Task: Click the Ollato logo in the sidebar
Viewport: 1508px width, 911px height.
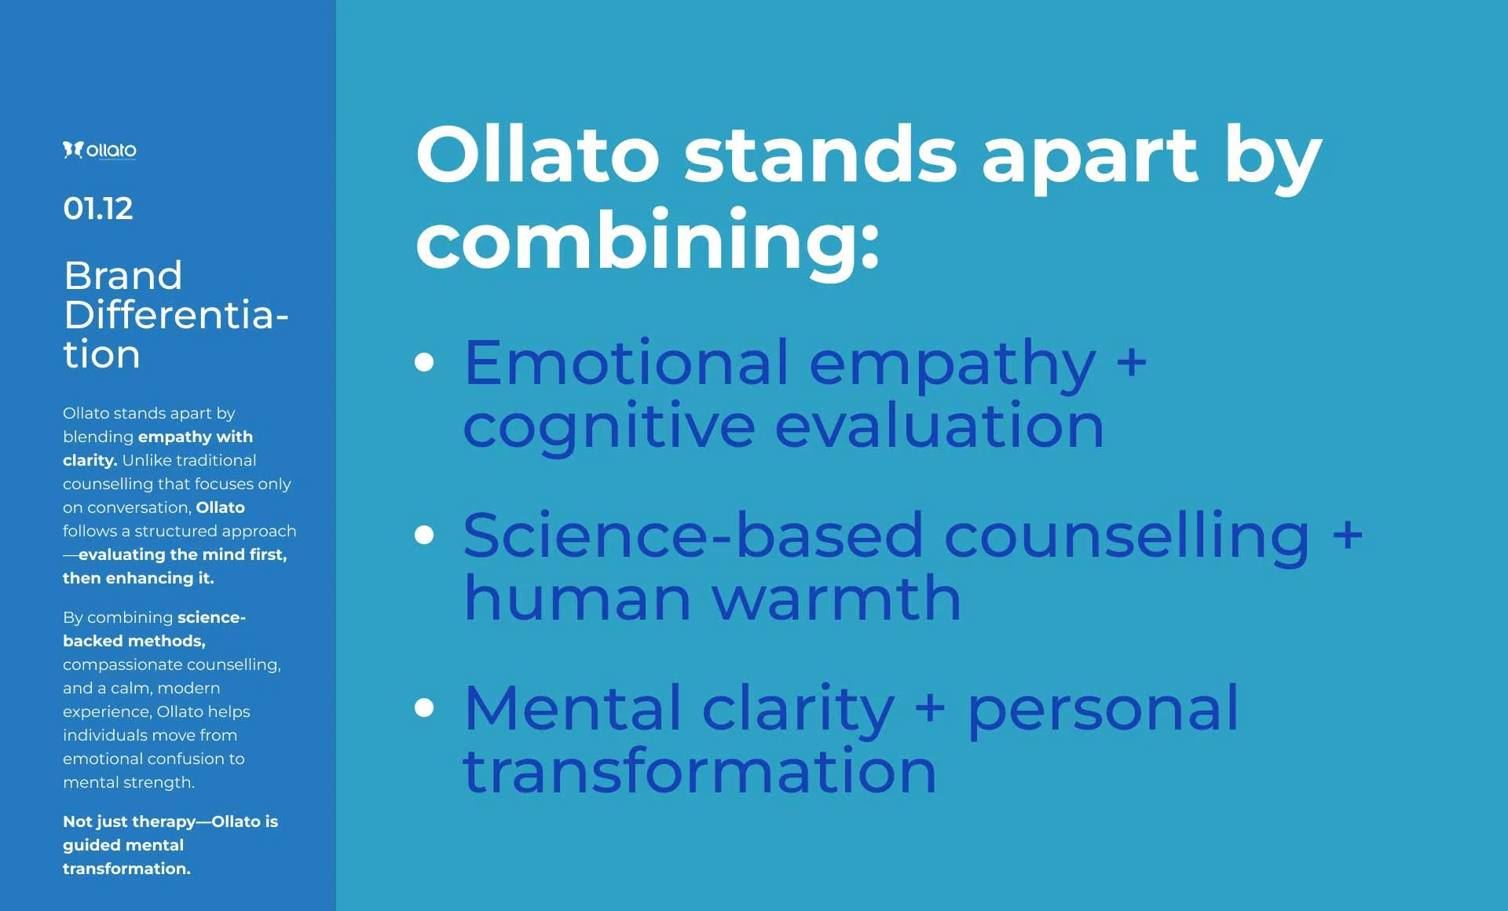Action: click(100, 150)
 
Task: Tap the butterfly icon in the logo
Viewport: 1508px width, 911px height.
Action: click(73, 150)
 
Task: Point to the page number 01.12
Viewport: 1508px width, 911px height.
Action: click(98, 208)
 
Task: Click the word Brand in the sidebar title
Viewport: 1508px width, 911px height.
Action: click(123, 276)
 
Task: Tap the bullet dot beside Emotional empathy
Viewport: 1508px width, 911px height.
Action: click(424, 361)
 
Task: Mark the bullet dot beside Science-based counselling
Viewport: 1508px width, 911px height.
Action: click(424, 535)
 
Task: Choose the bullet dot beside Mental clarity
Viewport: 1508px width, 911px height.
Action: click(424, 708)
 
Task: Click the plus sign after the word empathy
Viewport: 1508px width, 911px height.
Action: click(1132, 363)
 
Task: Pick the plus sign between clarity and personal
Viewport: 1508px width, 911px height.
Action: click(930, 708)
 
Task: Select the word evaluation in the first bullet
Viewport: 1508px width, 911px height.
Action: click(939, 425)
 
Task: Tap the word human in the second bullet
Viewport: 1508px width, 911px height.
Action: click(577, 598)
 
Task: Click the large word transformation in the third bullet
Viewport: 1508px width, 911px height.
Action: click(701, 771)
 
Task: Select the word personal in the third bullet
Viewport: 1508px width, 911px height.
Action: click(1104, 711)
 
